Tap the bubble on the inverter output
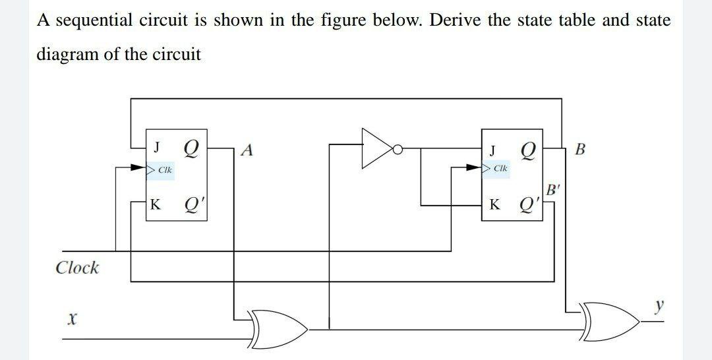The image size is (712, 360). coord(398,149)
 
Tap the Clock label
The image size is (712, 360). coord(77,268)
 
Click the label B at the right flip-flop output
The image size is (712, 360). coord(580,148)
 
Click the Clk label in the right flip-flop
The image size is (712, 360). coord(500,169)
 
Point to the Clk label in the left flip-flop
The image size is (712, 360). coord(165,170)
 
